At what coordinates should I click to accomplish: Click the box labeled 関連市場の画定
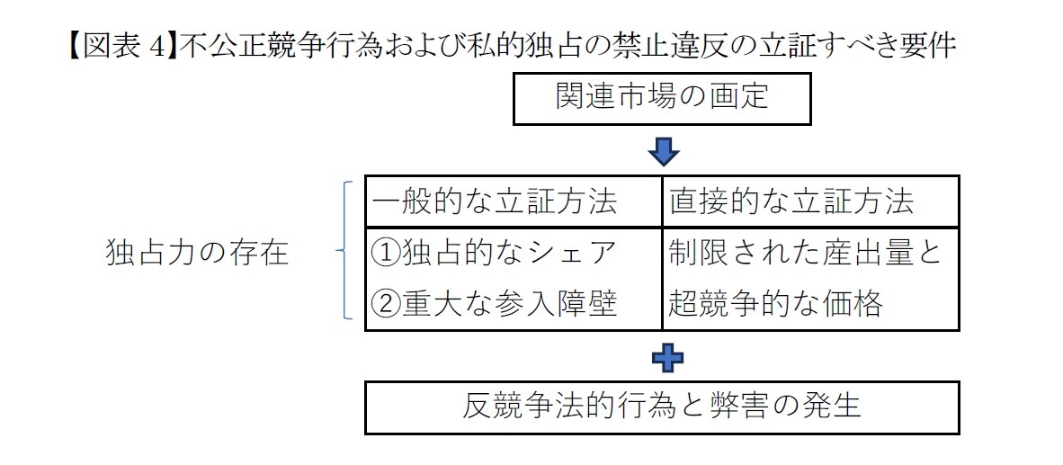pyautogui.click(x=662, y=97)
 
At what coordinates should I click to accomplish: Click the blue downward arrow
pyautogui.click(x=663, y=151)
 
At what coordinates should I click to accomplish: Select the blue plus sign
pyautogui.click(x=666, y=357)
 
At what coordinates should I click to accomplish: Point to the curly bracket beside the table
pyautogui.click(x=344, y=251)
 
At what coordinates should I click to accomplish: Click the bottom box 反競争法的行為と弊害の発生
pyautogui.click(x=662, y=407)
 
